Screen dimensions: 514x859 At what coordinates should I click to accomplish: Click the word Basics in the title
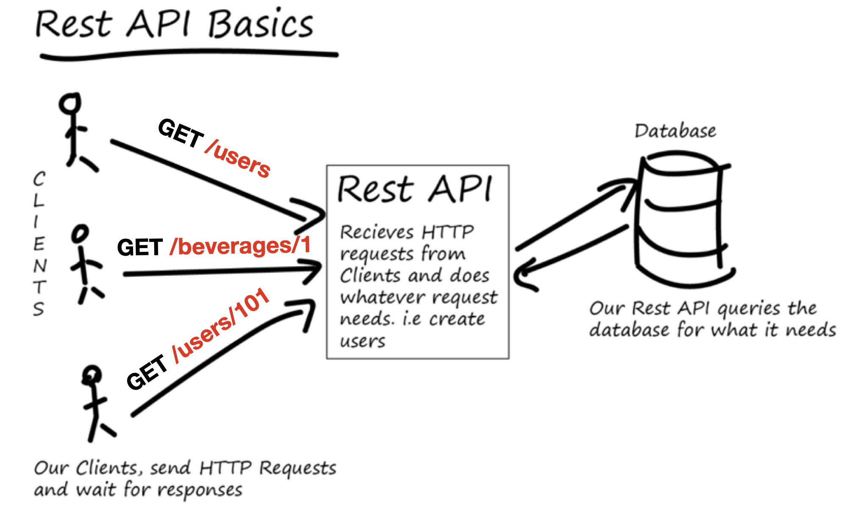tap(260, 25)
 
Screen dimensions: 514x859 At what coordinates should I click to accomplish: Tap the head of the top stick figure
tap(70, 103)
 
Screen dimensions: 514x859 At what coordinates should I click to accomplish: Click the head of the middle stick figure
tap(80, 233)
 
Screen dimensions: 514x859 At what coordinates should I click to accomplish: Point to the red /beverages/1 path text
tap(240, 246)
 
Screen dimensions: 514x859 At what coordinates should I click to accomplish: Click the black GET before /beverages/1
tap(140, 247)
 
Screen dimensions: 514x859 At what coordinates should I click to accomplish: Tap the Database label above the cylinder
tap(675, 131)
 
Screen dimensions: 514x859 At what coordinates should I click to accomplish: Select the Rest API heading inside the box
tap(415, 189)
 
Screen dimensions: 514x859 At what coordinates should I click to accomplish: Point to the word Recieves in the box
tap(377, 232)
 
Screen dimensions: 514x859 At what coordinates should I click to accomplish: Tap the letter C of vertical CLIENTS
tap(39, 179)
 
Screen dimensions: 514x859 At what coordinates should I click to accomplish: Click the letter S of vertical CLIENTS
tap(39, 309)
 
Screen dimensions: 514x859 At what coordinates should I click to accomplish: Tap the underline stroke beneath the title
tap(189, 53)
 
